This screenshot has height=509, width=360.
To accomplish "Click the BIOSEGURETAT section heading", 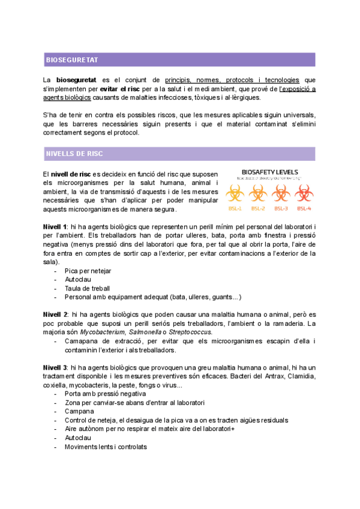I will click(72, 60).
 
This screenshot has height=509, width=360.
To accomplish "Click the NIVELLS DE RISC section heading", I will click(74, 154).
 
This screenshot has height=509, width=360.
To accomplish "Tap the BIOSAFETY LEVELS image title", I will click(269, 172).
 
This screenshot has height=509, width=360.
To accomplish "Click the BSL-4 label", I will click(304, 208).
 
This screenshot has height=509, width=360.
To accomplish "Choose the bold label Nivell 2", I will click(55, 315).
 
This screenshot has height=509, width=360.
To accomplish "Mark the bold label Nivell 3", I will click(55, 367).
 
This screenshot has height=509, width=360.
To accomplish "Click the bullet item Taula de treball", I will click(87, 288).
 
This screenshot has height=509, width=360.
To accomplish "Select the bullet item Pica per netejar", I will click(88, 271).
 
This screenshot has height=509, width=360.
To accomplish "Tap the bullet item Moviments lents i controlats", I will click(106, 447).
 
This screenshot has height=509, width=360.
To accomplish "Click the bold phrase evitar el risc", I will click(129, 89).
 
